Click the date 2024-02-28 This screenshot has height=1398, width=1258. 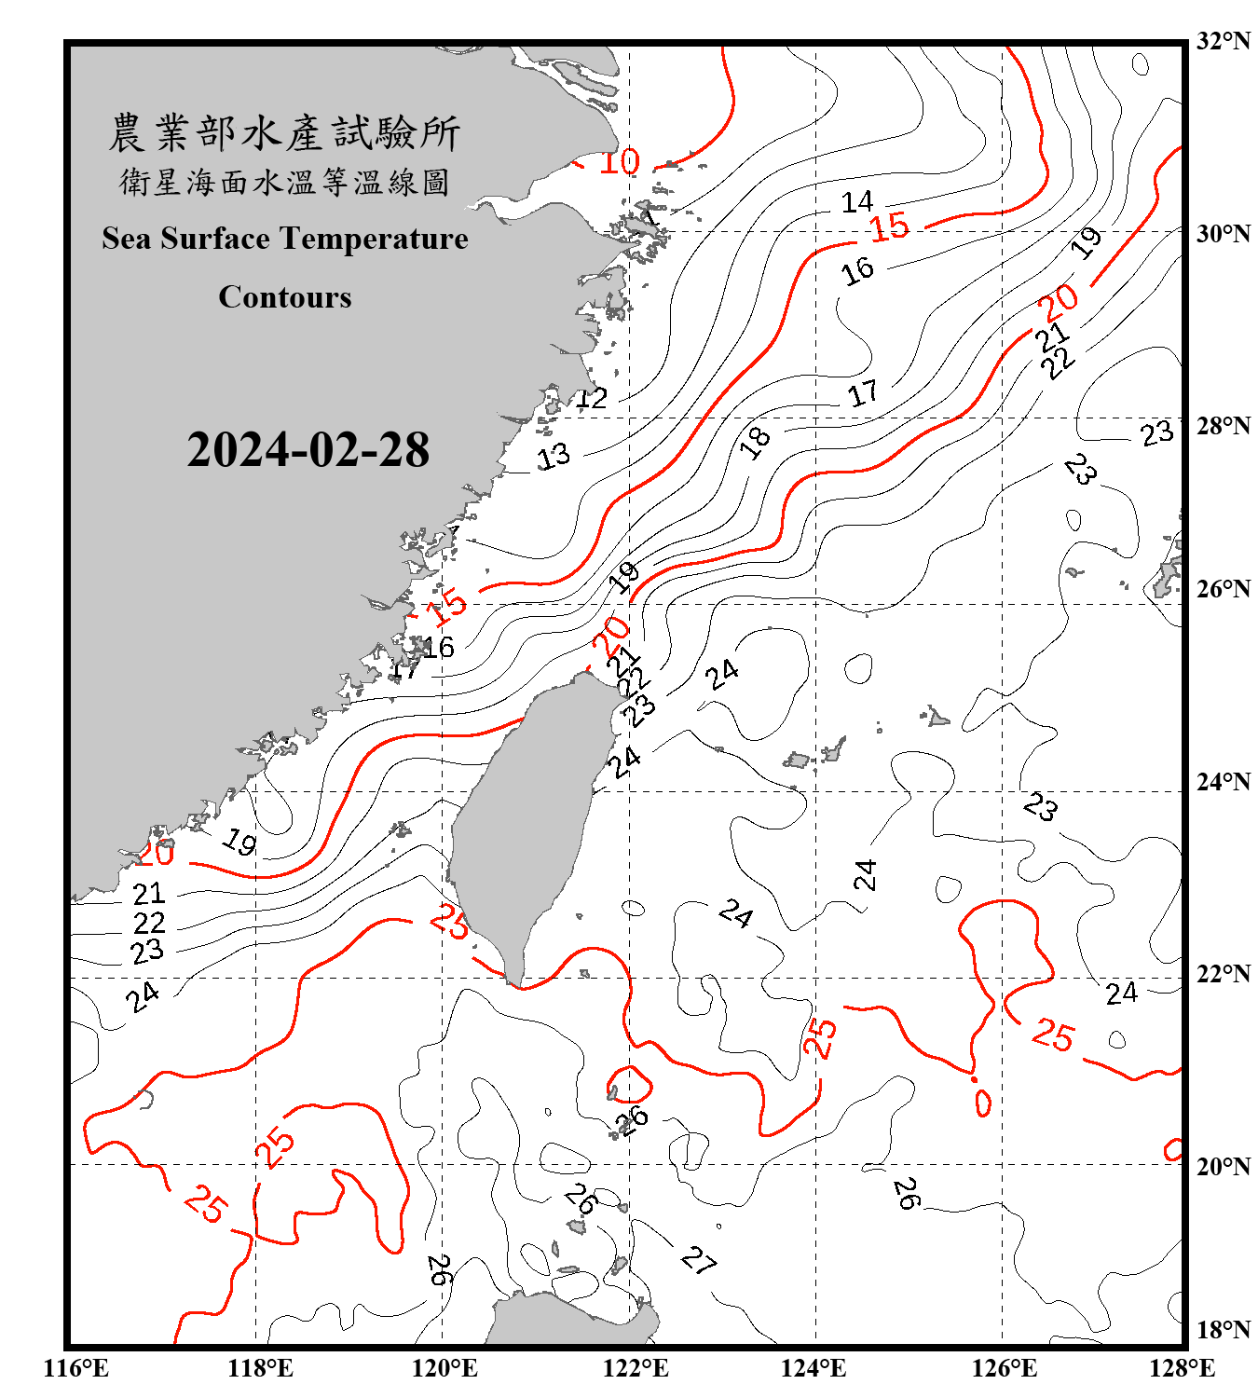pyautogui.click(x=308, y=450)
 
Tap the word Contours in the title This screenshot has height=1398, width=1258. pyautogui.click(x=285, y=297)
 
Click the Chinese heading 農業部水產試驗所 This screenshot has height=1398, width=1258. pyautogui.click(x=284, y=133)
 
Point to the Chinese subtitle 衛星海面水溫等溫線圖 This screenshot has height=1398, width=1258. pyautogui.click(x=284, y=183)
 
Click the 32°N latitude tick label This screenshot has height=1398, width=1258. pyautogui.click(x=1223, y=41)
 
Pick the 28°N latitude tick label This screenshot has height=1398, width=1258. pyautogui.click(x=1223, y=426)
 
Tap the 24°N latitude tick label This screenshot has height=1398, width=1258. pyautogui.click(x=1223, y=782)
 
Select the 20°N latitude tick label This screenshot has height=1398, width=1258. pyautogui.click(x=1223, y=1166)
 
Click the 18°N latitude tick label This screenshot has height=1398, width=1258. pyautogui.click(x=1223, y=1330)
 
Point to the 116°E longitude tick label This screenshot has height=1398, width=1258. pyautogui.click(x=76, y=1368)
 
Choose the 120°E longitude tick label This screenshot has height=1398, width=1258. pyautogui.click(x=444, y=1368)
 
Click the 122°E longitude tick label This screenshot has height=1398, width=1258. pyautogui.click(x=636, y=1368)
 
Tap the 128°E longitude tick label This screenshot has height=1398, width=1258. pyautogui.click(x=1182, y=1368)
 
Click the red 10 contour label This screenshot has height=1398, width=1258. pyautogui.click(x=619, y=162)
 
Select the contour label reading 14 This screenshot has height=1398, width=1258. pyautogui.click(x=856, y=202)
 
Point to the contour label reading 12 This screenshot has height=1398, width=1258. pyautogui.click(x=591, y=399)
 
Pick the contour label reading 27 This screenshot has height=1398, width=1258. pyautogui.click(x=698, y=1261)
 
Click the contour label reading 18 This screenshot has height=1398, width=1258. pyautogui.click(x=755, y=442)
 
